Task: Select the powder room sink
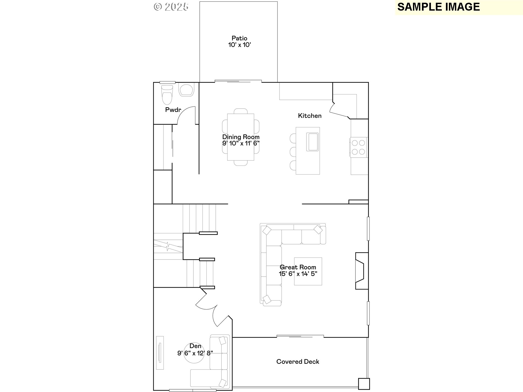click(187, 90)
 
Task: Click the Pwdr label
click(173, 110)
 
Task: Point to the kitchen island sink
click(312, 142)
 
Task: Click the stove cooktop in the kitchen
click(358, 147)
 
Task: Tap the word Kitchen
click(310, 116)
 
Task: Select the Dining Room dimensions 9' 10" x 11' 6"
click(241, 143)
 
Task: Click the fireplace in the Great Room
click(362, 271)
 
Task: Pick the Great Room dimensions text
click(298, 274)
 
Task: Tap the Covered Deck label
click(298, 362)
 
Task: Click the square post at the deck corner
click(364, 384)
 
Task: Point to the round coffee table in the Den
click(194, 353)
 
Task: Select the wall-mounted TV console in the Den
click(160, 353)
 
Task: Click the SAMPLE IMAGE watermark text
click(439, 7)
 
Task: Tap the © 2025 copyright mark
click(171, 7)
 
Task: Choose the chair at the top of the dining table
click(241, 111)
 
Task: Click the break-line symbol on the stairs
click(168, 247)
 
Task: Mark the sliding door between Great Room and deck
click(300, 336)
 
